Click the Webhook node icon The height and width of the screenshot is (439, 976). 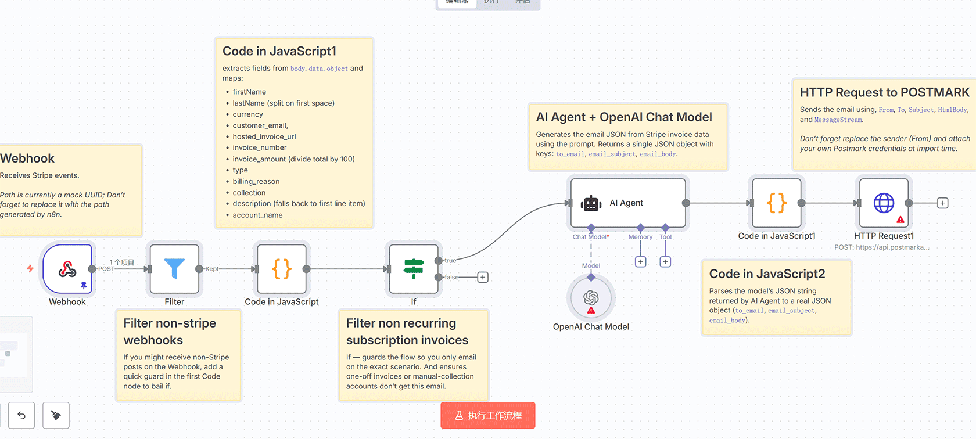point(67,269)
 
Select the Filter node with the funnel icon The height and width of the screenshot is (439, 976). point(174,269)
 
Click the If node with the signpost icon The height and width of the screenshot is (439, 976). point(413,269)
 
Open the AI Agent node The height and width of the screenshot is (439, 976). point(627,203)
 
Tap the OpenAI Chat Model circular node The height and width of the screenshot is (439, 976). point(591,298)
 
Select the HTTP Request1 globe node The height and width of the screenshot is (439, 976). point(884,203)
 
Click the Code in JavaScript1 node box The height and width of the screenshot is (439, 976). point(776,203)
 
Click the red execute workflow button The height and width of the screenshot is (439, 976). point(488,415)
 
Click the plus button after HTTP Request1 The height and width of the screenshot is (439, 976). point(942,203)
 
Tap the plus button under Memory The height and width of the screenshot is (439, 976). point(640,262)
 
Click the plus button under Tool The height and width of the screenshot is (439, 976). point(665,262)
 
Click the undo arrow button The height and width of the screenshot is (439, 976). point(21,415)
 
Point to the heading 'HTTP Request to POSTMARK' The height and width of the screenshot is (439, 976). point(884,92)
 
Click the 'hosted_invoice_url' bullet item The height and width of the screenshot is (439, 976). point(264,136)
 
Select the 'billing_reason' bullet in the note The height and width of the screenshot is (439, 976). point(256,181)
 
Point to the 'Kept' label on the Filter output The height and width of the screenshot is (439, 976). point(212,269)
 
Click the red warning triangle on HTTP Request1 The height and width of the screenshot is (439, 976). point(900,219)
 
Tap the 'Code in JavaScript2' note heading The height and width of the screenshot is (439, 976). point(767,274)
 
